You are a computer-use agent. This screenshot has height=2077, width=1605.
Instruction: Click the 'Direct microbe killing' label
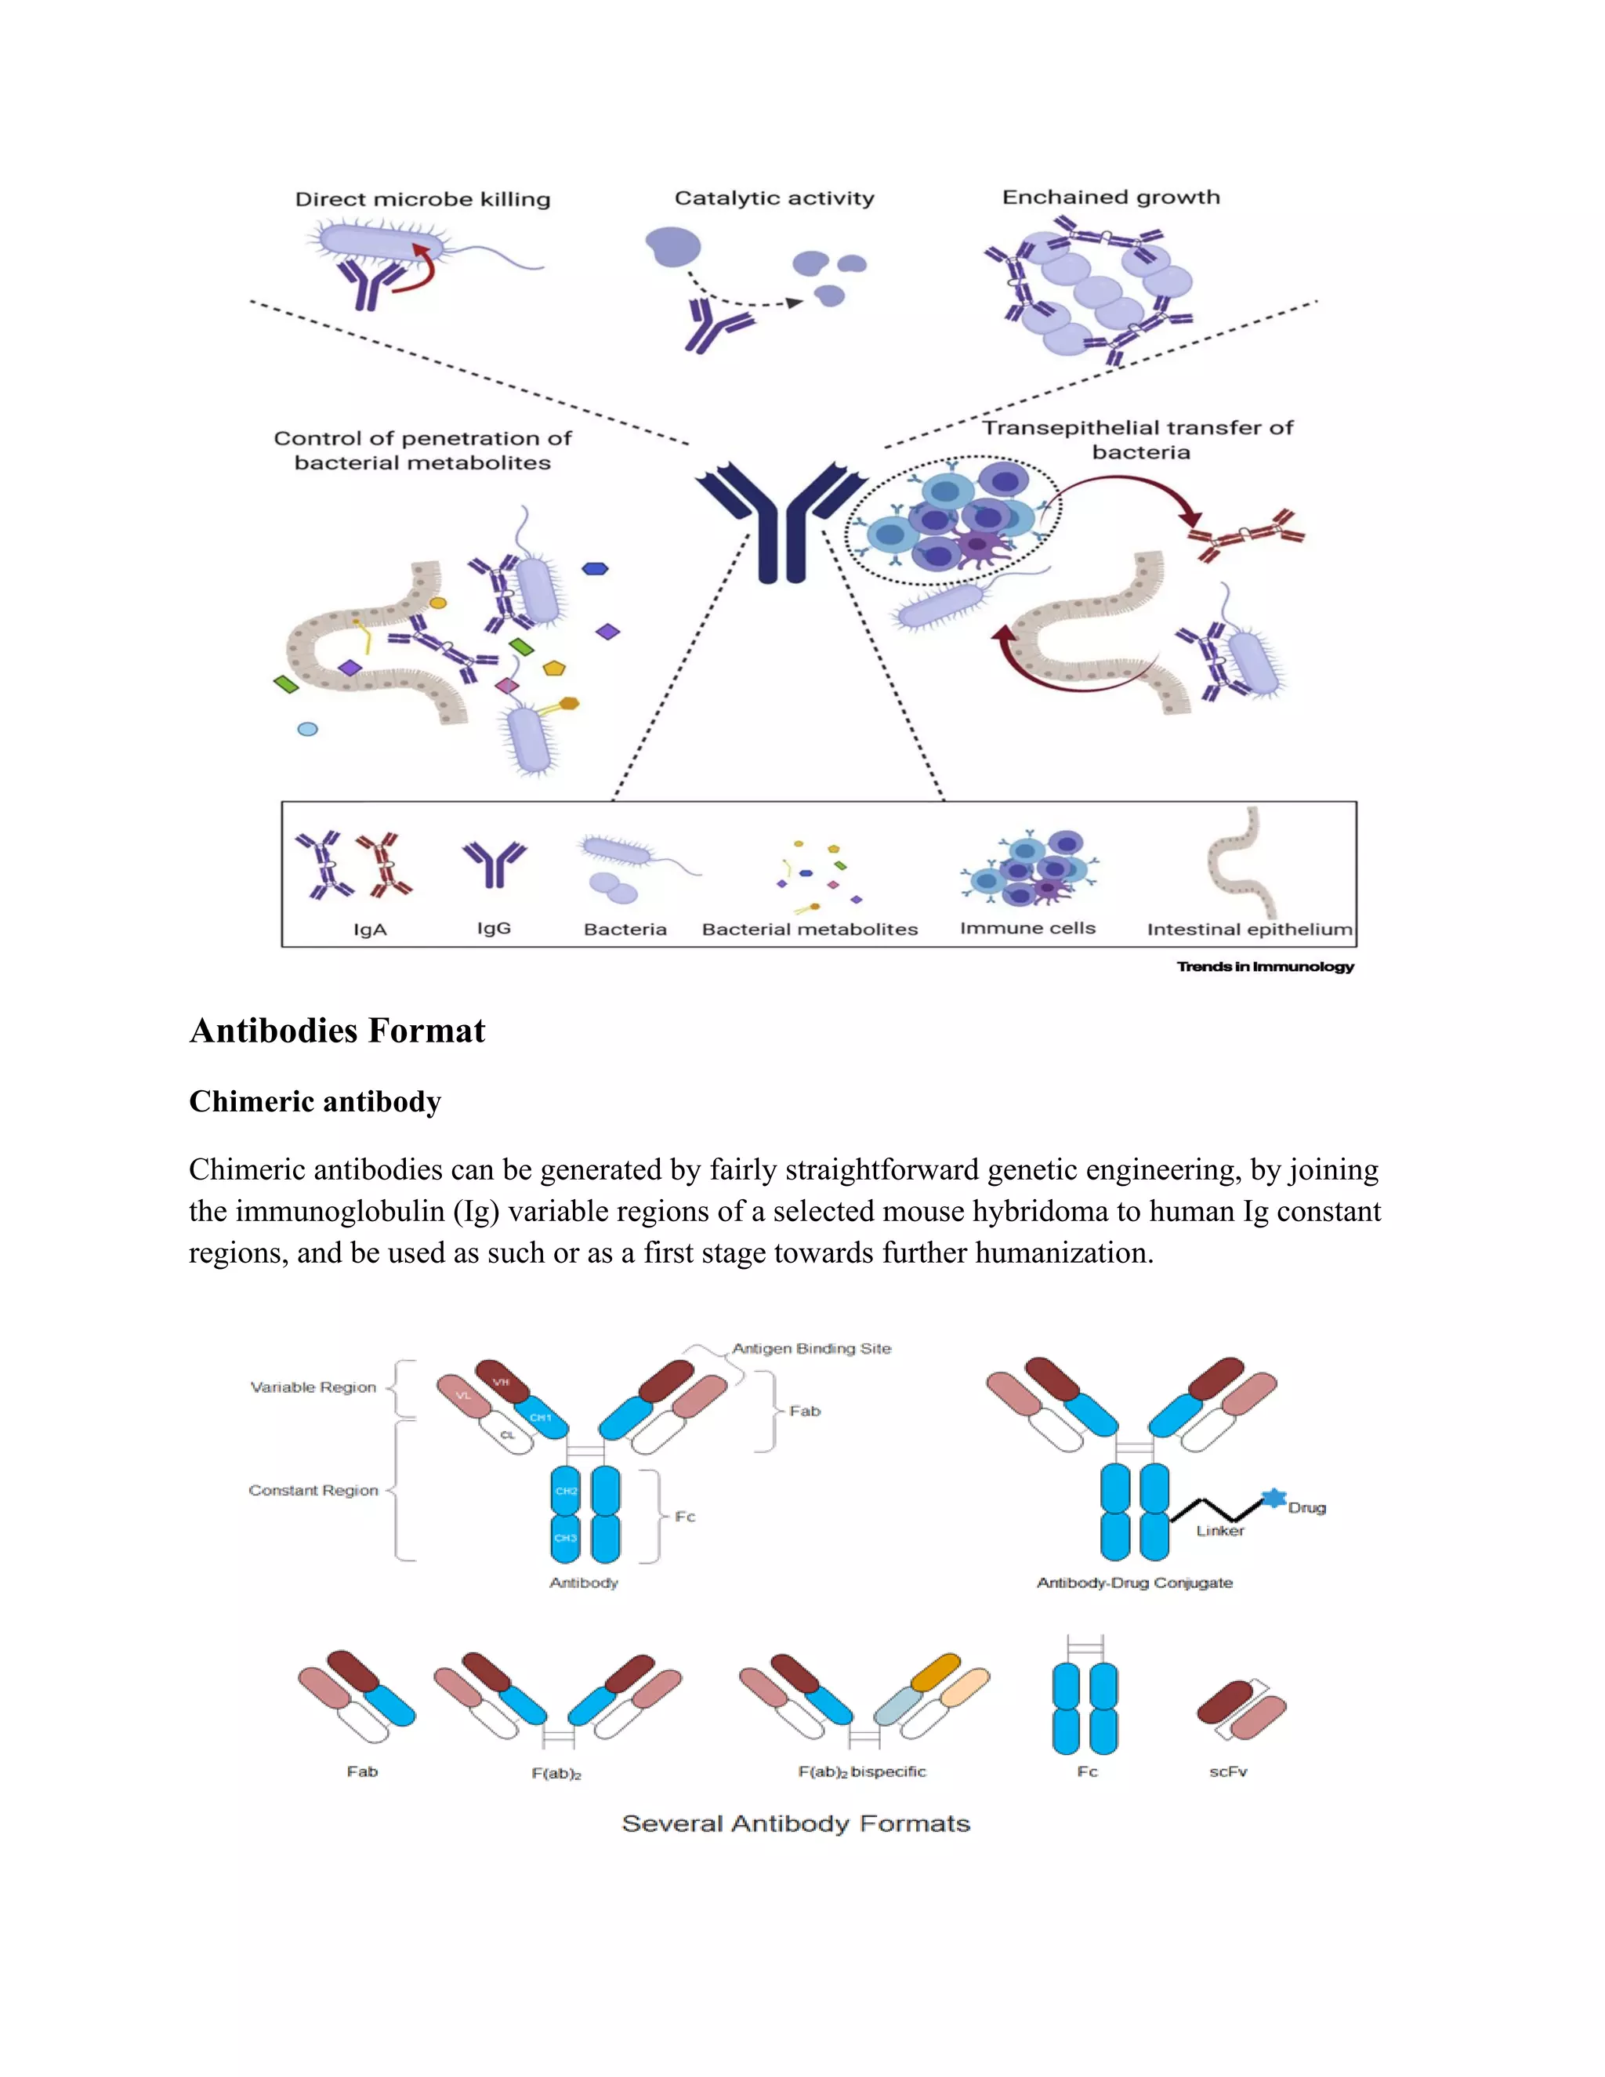[422, 200]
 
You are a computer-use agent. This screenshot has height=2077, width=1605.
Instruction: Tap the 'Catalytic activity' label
[774, 199]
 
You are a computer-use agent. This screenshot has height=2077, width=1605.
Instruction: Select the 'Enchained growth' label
[1110, 198]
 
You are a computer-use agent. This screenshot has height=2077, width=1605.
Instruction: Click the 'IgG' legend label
[494, 928]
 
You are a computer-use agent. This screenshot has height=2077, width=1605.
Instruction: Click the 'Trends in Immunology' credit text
[1265, 967]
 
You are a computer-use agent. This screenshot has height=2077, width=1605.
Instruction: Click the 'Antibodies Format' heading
[338, 1031]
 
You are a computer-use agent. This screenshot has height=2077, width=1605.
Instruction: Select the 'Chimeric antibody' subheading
[315, 1101]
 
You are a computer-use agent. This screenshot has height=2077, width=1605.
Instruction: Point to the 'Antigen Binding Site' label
[811, 1349]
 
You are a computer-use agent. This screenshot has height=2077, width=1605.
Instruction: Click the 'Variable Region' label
[313, 1387]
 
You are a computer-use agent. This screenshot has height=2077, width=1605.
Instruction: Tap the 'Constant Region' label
[313, 1490]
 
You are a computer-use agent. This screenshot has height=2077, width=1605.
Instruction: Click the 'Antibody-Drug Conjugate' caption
[1134, 1582]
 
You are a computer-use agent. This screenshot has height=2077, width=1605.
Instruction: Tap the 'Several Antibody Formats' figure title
[796, 1824]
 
